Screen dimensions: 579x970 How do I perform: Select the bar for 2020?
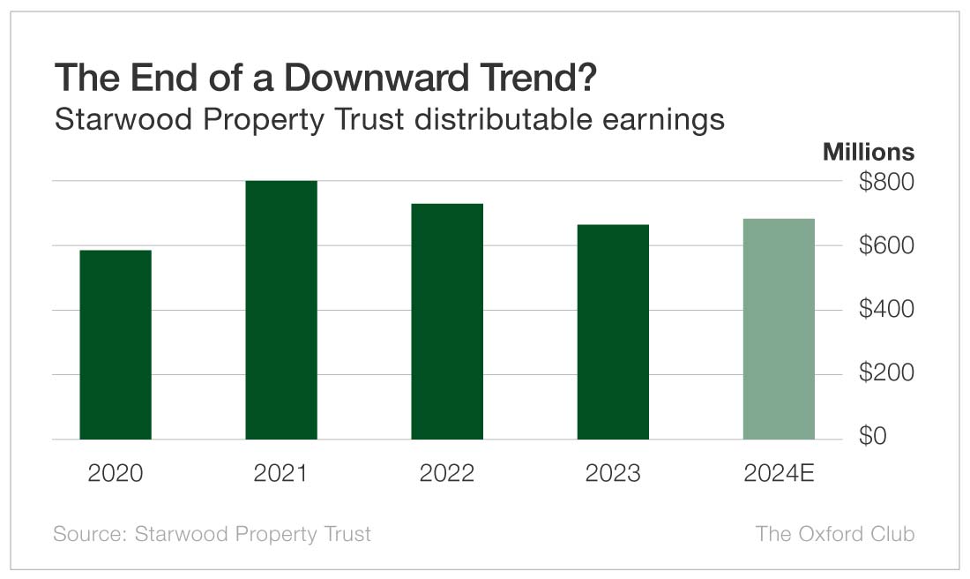click(x=116, y=344)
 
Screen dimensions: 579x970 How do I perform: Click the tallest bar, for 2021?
click(x=281, y=309)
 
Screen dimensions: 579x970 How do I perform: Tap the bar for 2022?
click(x=447, y=321)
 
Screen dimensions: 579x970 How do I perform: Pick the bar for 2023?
click(x=613, y=332)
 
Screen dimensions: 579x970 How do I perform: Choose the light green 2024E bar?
click(x=779, y=328)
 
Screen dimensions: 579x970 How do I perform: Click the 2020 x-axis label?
click(x=116, y=473)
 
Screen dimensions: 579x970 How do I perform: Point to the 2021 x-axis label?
click(x=281, y=473)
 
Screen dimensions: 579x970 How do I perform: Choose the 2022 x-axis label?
click(x=447, y=473)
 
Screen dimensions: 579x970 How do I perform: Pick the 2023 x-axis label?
click(x=613, y=473)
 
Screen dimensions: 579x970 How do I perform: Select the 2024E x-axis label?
click(x=779, y=473)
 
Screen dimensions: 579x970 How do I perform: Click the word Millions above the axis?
click(x=869, y=152)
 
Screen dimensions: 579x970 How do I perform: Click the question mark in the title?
click(x=587, y=79)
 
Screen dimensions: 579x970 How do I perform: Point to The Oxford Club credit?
click(x=835, y=534)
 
